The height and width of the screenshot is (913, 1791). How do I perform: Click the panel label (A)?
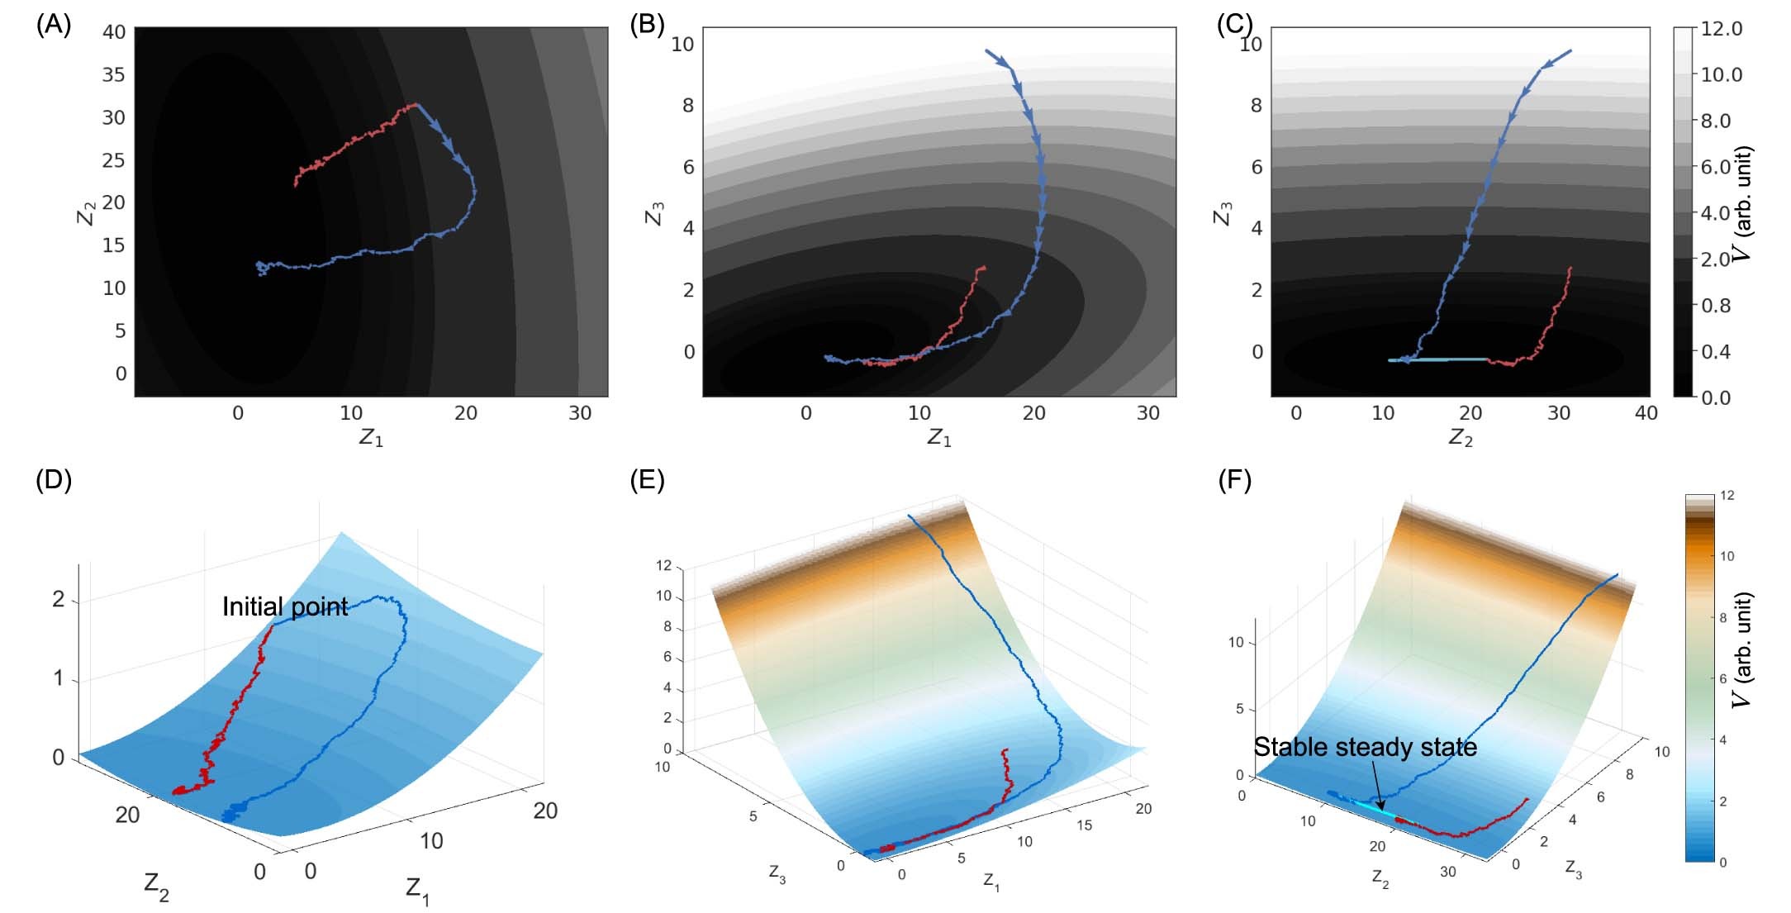click(x=54, y=25)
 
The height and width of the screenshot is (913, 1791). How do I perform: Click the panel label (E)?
click(x=647, y=480)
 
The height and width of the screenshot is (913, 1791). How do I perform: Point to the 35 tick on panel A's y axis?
click(x=113, y=75)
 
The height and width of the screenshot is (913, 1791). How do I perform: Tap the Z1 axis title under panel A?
click(x=371, y=438)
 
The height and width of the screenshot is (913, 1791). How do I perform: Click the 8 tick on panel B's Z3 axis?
click(x=687, y=106)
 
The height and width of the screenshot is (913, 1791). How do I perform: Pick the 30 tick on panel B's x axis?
click(x=1147, y=414)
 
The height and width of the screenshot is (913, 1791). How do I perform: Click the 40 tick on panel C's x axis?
click(x=1646, y=414)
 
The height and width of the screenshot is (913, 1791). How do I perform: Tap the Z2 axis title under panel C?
click(x=1461, y=438)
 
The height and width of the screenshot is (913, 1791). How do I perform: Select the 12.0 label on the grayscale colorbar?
click(x=1721, y=29)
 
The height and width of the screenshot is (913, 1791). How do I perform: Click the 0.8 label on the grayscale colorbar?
click(x=1716, y=306)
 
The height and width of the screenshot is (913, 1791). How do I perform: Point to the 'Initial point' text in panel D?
click(x=285, y=607)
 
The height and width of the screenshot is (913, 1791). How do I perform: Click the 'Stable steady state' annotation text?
click(x=1365, y=748)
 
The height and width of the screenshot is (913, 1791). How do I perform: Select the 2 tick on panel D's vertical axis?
click(x=58, y=599)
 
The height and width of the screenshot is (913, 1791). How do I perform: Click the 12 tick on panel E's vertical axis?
click(x=663, y=567)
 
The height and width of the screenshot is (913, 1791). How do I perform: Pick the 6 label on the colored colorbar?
click(x=1722, y=679)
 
